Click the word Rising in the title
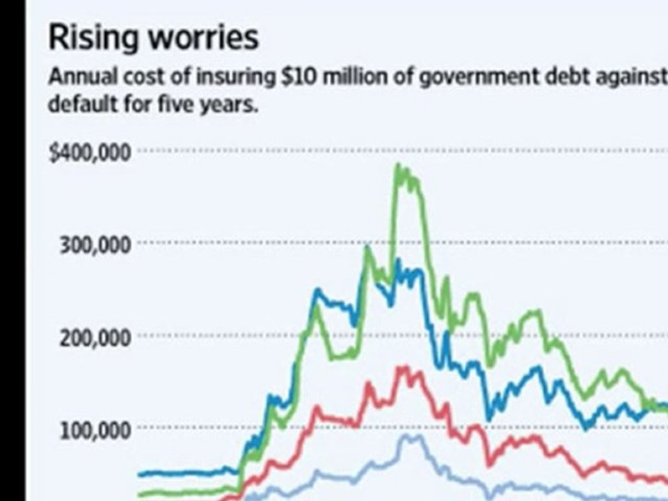pyautogui.click(x=93, y=38)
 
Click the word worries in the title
pyautogui.click(x=202, y=38)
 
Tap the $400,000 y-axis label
pyautogui.click(x=90, y=153)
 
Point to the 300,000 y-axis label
pyautogui.click(x=95, y=246)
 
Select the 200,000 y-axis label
pyautogui.click(x=95, y=339)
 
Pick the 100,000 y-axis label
pyautogui.click(x=95, y=431)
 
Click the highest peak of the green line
pyautogui.click(x=398, y=166)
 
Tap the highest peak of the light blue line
pyautogui.click(x=406, y=436)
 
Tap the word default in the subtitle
pyautogui.click(x=83, y=104)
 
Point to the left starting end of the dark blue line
pyautogui.click(x=139, y=474)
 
